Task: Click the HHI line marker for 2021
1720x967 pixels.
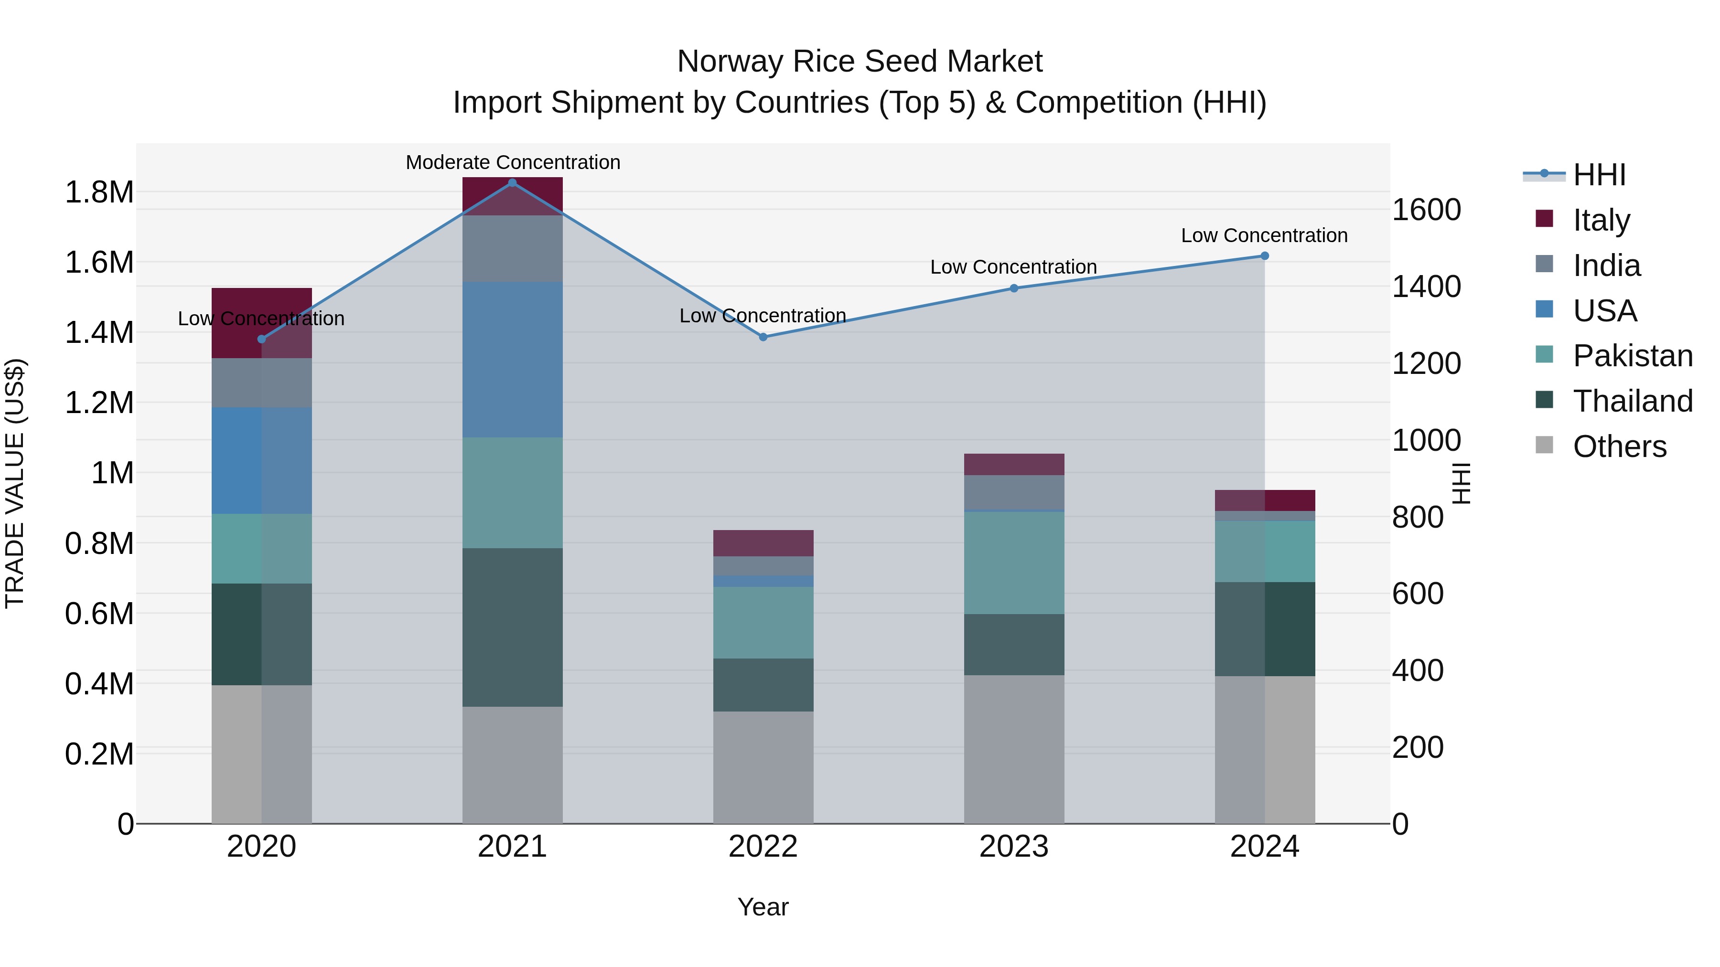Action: pos(512,183)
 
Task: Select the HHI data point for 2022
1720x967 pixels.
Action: pos(763,337)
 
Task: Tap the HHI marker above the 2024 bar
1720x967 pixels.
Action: pos(1265,255)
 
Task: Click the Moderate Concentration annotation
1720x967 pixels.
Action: pos(513,162)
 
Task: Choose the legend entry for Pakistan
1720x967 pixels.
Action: pos(1632,356)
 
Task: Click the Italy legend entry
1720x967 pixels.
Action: pos(1601,220)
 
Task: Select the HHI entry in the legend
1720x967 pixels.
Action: pos(1599,175)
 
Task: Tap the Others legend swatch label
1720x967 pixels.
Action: pos(1619,446)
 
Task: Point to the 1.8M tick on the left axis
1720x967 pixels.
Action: pos(99,192)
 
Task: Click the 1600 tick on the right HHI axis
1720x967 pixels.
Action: pos(1426,210)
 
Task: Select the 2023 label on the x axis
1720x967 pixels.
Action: pos(1013,847)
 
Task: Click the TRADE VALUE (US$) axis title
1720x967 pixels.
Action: pos(15,483)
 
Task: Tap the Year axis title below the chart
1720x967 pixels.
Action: pos(763,907)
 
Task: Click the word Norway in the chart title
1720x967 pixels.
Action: pos(729,62)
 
